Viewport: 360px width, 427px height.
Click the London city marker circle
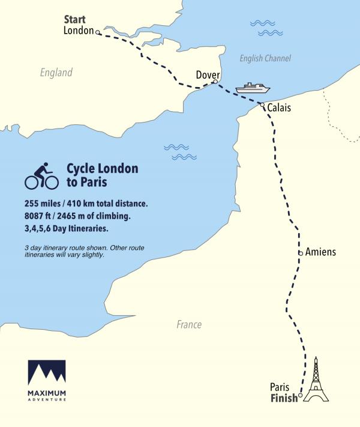[x=98, y=33]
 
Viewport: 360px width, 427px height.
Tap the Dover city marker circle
[x=215, y=82]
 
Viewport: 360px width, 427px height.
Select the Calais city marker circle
[x=262, y=105]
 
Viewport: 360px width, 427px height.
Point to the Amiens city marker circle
[x=300, y=253]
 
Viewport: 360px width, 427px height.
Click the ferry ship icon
[x=253, y=88]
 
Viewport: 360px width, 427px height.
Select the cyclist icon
[x=41, y=176]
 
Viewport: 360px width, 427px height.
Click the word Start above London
[x=75, y=20]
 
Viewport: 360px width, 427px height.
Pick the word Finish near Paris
[x=284, y=398]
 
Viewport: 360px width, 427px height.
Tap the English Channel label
[x=265, y=58]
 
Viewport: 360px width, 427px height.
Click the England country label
[x=56, y=73]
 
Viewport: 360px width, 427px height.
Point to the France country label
[x=189, y=324]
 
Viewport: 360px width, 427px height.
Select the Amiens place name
[x=320, y=252]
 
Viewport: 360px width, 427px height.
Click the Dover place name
[x=209, y=74]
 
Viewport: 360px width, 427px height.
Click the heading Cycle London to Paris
[x=102, y=175]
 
